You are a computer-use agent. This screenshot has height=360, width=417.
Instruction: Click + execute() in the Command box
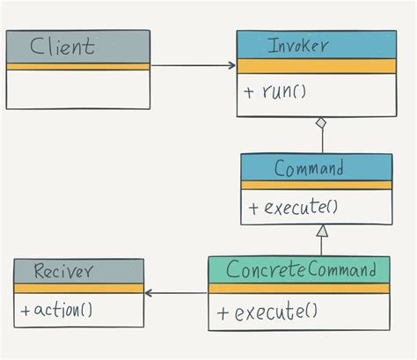click(294, 208)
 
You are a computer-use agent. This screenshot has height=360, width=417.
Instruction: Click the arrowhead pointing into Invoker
click(231, 65)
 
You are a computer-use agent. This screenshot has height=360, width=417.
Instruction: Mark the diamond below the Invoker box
click(323, 123)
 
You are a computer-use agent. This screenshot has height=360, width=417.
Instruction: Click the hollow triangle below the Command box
click(322, 231)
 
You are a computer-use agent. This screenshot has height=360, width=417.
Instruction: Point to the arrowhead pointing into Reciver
click(150, 293)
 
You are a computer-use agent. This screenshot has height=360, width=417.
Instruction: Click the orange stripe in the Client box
click(77, 66)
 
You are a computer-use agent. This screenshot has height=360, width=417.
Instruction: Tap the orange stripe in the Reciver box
click(78, 289)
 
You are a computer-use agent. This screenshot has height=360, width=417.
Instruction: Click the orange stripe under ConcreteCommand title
click(299, 288)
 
